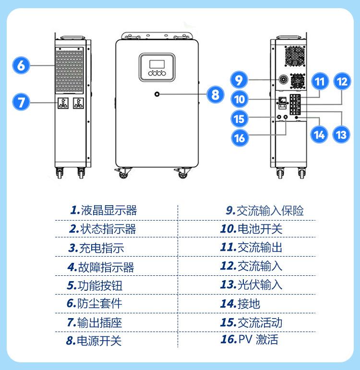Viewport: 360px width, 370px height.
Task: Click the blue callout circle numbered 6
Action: (x=21, y=65)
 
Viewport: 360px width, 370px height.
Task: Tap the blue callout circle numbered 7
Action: (x=21, y=102)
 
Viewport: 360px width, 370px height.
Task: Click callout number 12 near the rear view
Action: (x=341, y=82)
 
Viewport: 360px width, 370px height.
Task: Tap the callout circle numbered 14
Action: (x=319, y=135)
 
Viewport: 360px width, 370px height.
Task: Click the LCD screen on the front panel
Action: (x=156, y=64)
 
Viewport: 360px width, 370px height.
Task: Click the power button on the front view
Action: (x=157, y=95)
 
